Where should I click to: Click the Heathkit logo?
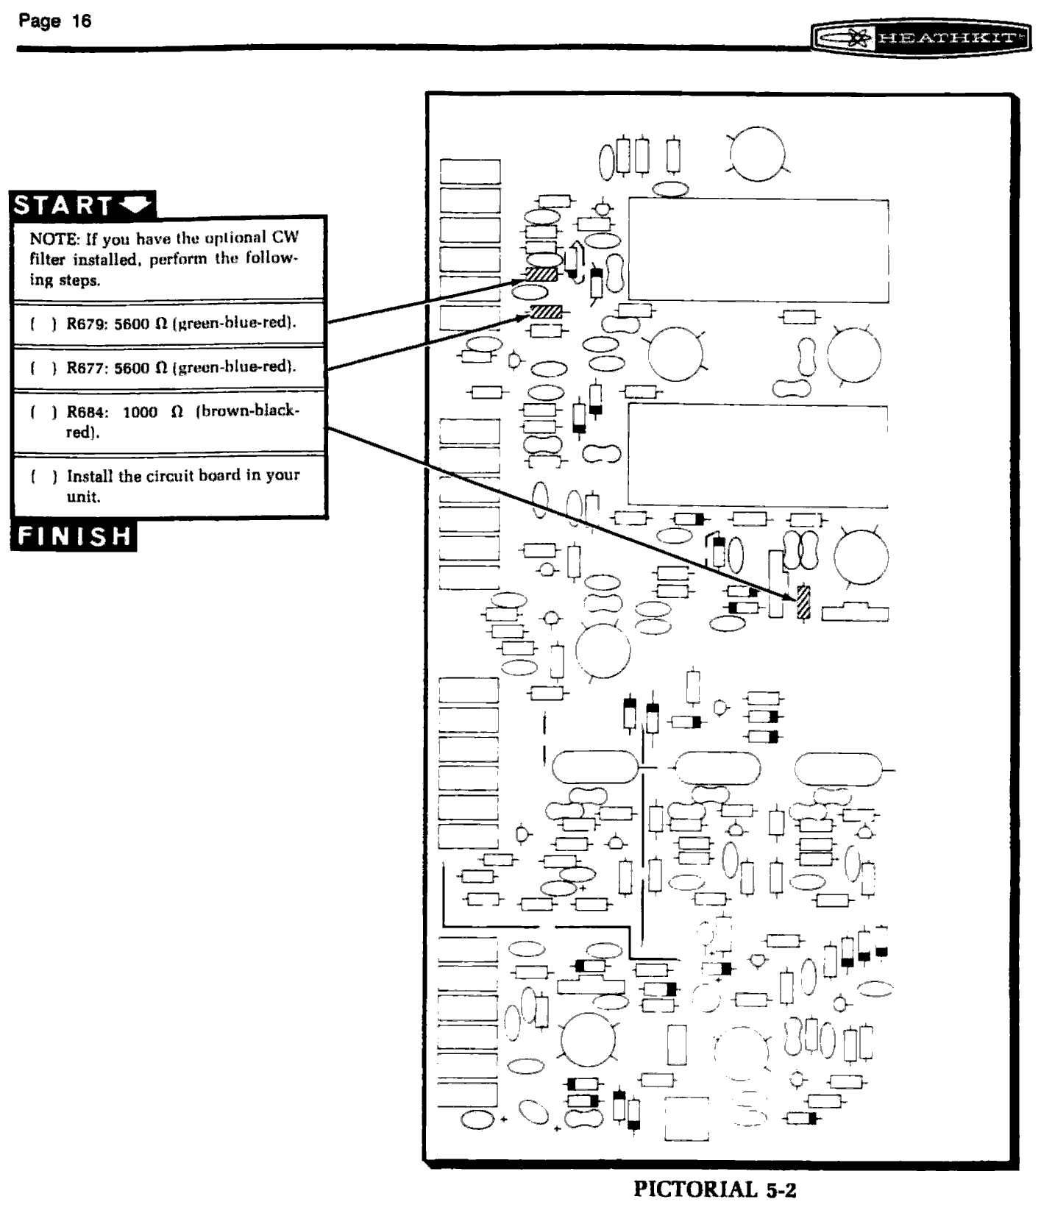921,38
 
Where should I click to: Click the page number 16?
81,21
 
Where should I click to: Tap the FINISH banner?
74,536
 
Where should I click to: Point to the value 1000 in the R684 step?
140,412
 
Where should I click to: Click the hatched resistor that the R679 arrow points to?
541,274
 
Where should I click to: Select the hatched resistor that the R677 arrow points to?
546,312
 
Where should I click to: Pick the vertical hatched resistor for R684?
803,602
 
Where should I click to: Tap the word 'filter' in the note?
48,260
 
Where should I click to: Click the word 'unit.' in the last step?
83,497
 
